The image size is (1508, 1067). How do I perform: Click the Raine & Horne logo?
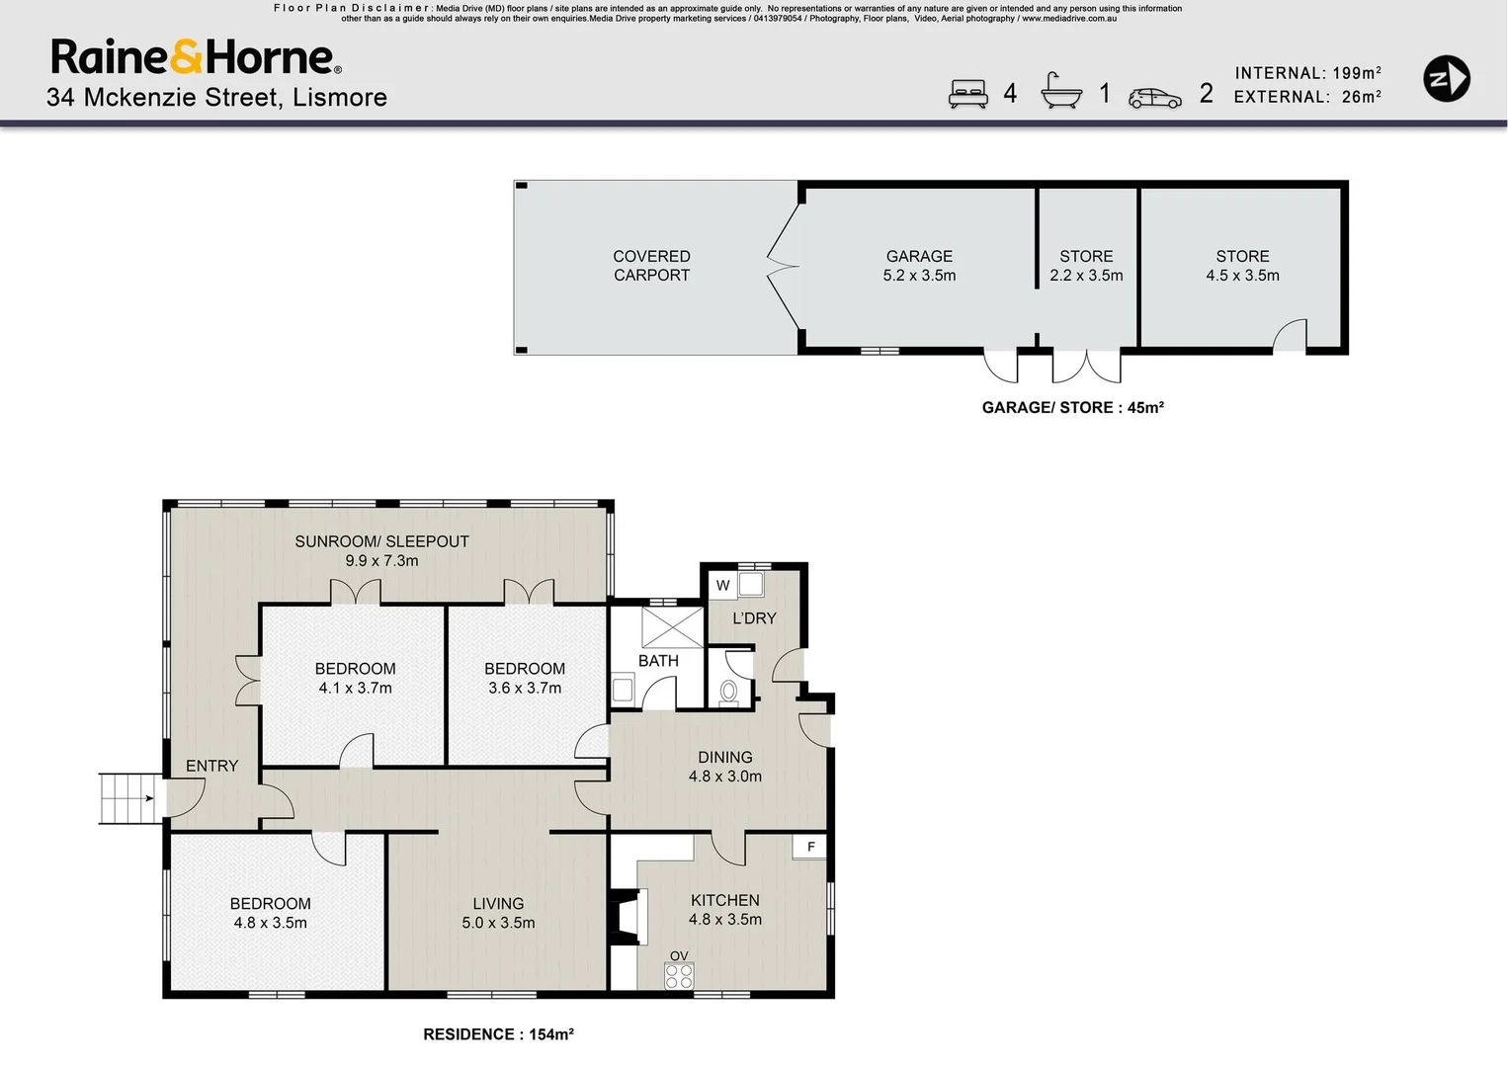(196, 57)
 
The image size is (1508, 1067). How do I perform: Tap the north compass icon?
(1446, 79)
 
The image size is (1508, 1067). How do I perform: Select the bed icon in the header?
(967, 93)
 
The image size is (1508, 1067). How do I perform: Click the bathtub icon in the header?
(1061, 91)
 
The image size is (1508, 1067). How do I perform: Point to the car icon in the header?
(1154, 98)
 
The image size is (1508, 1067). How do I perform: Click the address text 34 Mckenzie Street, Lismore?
(216, 97)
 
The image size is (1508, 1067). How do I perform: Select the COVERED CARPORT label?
(651, 266)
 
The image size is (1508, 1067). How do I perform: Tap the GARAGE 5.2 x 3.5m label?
(919, 266)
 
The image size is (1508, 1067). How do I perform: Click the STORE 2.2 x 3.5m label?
(1086, 266)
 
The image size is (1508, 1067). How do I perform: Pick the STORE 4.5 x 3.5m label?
(1242, 266)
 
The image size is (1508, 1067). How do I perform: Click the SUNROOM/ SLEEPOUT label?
(381, 550)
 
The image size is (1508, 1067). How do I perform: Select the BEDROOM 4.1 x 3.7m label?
(355, 678)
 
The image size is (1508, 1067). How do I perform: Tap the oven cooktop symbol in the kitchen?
(679, 976)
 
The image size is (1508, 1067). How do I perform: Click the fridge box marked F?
(810, 847)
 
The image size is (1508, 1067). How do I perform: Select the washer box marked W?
(722, 585)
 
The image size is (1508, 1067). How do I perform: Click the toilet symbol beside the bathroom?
(729, 691)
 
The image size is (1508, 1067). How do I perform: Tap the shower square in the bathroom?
(672, 627)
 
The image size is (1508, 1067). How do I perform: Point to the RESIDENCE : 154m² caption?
(498, 1034)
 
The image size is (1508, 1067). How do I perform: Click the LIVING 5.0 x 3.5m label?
(498, 913)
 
